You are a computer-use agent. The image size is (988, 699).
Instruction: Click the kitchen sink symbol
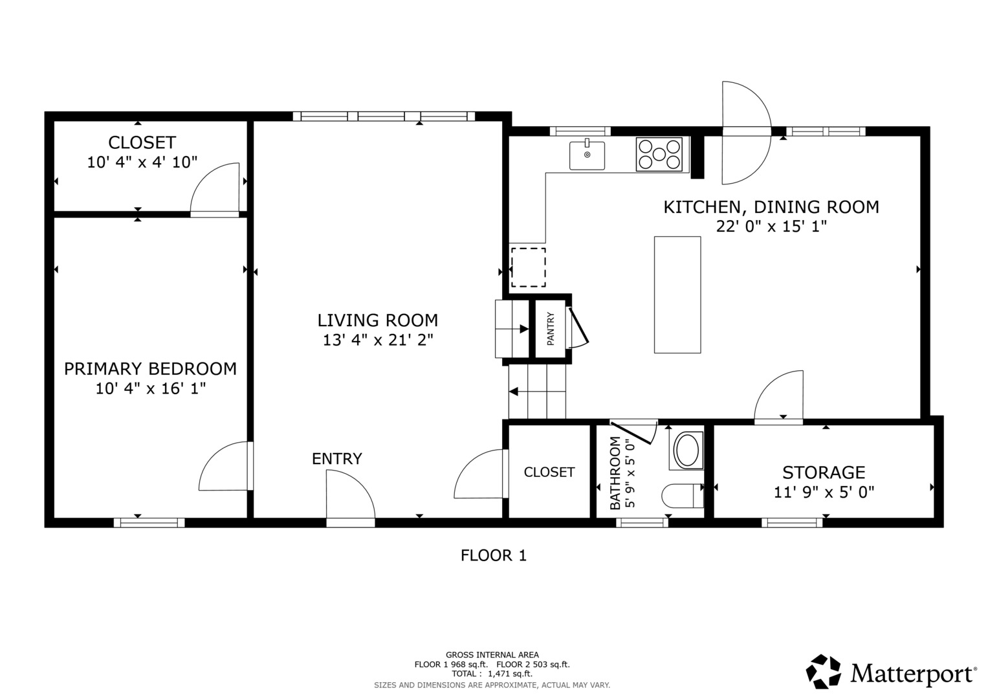click(x=587, y=155)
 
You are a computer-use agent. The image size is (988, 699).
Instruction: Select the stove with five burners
click(x=659, y=155)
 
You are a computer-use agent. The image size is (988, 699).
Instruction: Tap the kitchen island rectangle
click(x=677, y=294)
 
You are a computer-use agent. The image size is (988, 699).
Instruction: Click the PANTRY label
click(x=551, y=329)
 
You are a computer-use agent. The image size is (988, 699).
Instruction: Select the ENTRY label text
click(x=336, y=459)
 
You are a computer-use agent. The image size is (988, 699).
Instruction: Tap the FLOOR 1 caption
click(x=493, y=555)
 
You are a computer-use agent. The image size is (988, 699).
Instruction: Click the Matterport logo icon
click(x=823, y=671)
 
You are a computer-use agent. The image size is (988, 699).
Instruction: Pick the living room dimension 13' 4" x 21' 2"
click(x=378, y=340)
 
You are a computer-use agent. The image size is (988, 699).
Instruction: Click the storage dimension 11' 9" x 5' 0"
click(x=824, y=493)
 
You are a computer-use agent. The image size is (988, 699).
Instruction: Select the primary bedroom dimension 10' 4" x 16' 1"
click(x=150, y=389)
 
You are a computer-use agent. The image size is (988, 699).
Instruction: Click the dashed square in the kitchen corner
click(x=528, y=267)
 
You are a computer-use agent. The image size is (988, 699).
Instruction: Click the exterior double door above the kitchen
click(x=746, y=132)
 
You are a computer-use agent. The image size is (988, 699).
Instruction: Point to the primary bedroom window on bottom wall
click(x=149, y=522)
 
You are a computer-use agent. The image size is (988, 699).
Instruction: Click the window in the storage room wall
click(x=791, y=522)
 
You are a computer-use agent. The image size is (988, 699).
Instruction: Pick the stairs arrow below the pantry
click(x=514, y=391)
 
